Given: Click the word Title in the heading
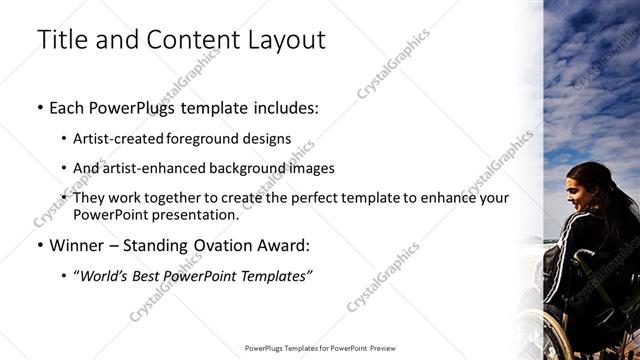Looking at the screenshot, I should tap(60, 41).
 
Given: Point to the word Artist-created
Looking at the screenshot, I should tap(119, 139).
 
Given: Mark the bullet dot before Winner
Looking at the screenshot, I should tap(38, 245).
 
